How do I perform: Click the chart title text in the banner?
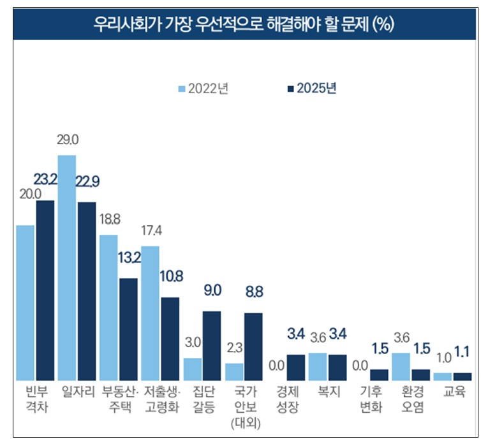point(241,25)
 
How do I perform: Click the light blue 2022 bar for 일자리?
point(67,268)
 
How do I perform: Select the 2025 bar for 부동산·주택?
point(128,329)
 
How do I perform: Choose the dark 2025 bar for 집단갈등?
point(212,345)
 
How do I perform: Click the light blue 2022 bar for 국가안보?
point(234,371)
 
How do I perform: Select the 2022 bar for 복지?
point(318,366)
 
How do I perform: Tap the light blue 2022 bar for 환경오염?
point(401,366)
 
